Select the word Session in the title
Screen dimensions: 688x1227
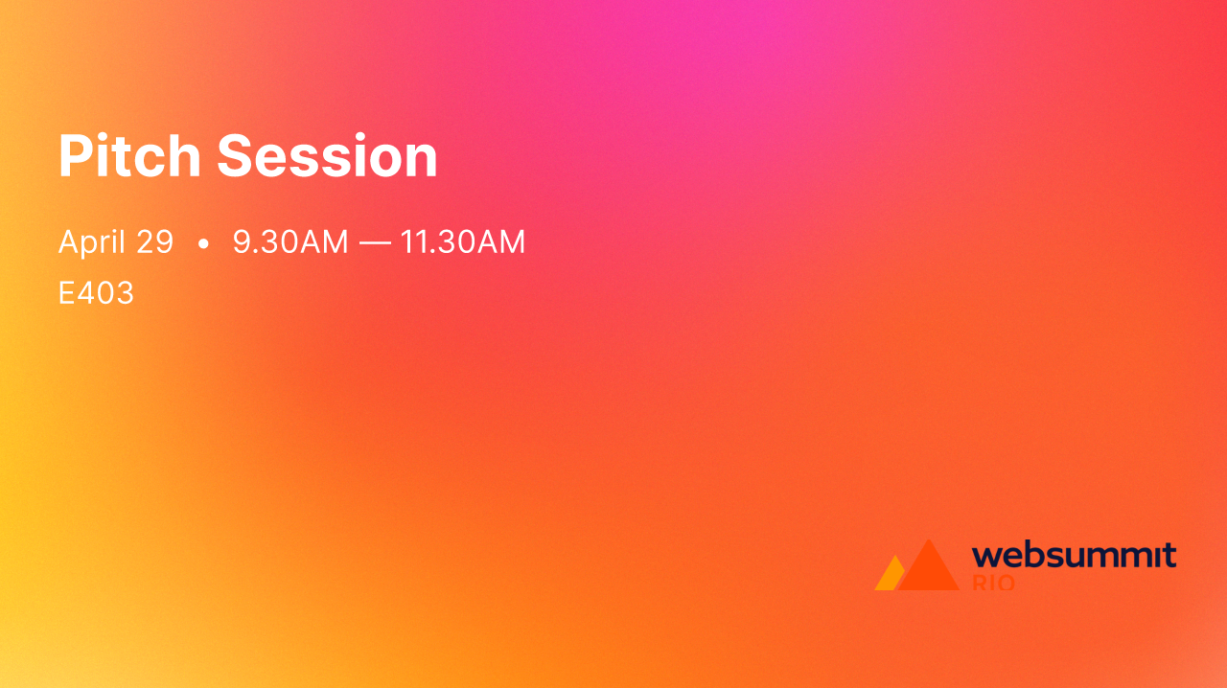[327, 156]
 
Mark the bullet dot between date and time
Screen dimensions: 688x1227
[203, 245]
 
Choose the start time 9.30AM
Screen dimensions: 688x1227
[290, 242]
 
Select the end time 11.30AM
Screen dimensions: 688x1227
[463, 242]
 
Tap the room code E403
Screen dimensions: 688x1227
[96, 293]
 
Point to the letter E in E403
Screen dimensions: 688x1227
[66, 293]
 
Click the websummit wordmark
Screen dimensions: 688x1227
[1074, 556]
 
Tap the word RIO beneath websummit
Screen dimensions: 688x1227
[993, 583]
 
